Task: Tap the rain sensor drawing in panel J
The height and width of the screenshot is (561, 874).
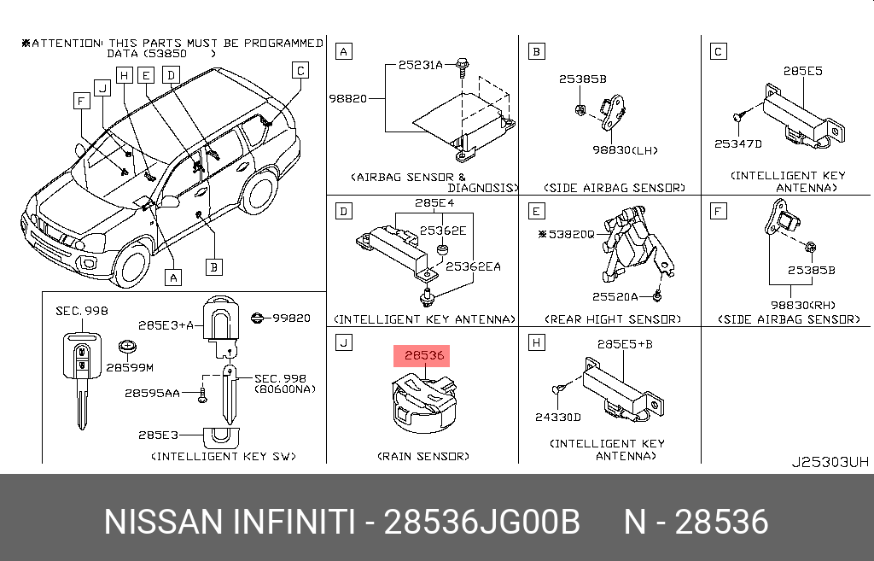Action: pos(424,404)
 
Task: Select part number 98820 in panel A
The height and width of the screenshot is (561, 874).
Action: pos(348,99)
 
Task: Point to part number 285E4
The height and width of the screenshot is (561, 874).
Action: pos(434,203)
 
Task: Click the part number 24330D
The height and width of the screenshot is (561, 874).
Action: pos(558,418)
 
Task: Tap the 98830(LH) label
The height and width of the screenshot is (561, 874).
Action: pos(625,150)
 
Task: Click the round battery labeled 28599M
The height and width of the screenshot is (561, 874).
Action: pos(128,347)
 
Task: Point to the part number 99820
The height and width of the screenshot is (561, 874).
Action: pos(292,318)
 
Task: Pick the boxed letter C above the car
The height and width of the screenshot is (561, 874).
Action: pos(300,70)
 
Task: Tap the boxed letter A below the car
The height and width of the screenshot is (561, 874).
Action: pos(173,278)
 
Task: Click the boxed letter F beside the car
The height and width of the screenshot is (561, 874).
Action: pos(81,101)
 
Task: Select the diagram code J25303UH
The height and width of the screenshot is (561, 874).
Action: pos(830,462)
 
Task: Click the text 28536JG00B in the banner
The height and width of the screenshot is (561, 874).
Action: pos(482,522)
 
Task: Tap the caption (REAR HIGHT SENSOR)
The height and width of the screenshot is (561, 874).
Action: pos(613,319)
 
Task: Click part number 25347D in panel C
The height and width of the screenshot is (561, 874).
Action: pos(738,143)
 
